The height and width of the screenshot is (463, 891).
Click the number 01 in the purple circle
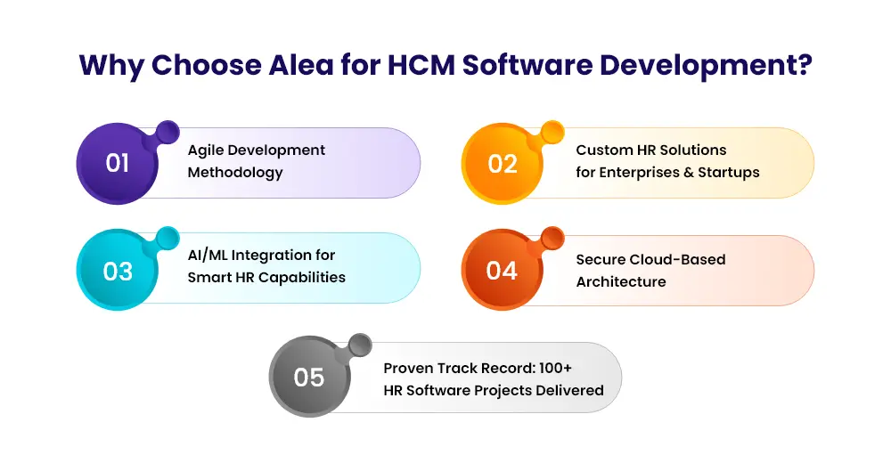117,164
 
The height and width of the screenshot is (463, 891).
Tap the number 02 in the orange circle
503,164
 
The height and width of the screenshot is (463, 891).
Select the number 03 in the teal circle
118,272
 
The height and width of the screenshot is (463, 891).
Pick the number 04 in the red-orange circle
502,271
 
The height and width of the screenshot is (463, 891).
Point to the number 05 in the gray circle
308,378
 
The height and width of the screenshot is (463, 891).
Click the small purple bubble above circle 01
168,133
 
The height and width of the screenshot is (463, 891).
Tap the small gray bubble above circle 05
360,345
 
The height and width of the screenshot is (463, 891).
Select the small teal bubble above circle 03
168,239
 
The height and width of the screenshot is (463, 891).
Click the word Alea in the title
300,65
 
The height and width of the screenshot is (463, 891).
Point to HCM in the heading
421,65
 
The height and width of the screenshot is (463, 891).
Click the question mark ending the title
804,64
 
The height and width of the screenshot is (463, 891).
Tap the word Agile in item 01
206,150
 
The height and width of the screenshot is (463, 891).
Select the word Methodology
235,173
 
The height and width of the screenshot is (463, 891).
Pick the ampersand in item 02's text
689,173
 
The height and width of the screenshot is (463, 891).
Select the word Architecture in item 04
621,281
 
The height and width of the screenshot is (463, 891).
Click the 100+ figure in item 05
555,368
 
